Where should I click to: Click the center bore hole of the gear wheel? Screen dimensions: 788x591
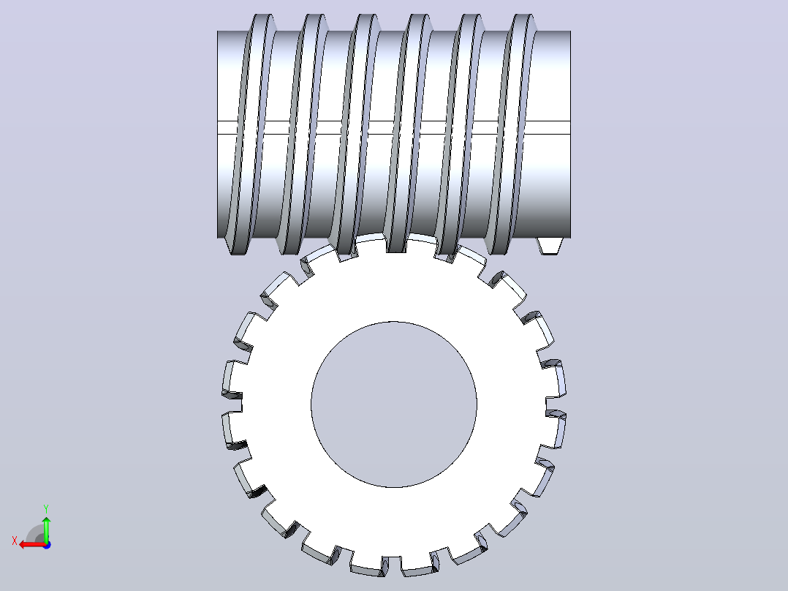(394, 404)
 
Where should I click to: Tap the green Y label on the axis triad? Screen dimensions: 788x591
(46, 509)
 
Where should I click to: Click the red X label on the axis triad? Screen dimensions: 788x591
(15, 541)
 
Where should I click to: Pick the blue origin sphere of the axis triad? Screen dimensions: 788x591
(47, 545)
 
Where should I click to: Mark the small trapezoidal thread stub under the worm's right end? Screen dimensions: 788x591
(549, 246)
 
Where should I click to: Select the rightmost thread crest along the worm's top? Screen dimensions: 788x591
(523, 23)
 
